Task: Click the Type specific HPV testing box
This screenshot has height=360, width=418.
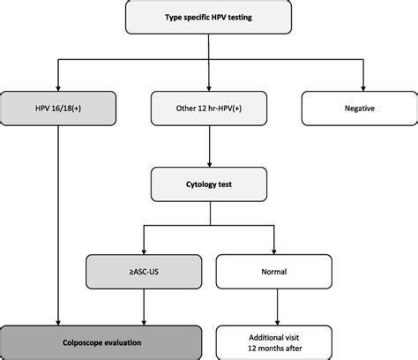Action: (209, 19)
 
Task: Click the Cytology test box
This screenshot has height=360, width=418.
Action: (209, 186)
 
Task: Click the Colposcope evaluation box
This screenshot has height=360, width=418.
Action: (103, 340)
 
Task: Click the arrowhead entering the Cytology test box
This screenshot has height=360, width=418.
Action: (209, 164)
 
